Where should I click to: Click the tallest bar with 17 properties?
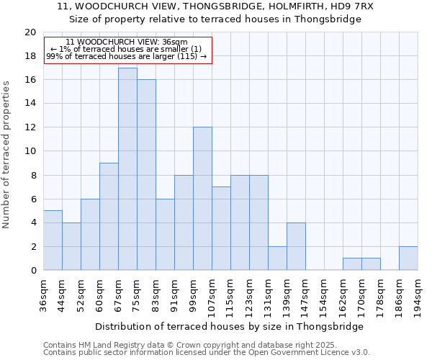[127, 169]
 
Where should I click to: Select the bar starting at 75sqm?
[146, 175]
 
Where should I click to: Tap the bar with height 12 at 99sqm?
[202, 199]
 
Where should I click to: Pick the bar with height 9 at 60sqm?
[109, 217]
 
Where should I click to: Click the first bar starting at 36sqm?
[53, 240]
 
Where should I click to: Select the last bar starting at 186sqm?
[408, 258]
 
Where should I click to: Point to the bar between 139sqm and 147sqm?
[296, 246]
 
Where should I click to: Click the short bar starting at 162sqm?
[352, 264]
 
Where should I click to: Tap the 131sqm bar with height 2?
[277, 258]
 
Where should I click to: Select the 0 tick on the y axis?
[32, 271]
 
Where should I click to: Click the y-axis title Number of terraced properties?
[7, 154]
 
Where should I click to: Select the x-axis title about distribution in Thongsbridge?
[229, 326]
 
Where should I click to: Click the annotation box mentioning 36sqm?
[128, 49]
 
